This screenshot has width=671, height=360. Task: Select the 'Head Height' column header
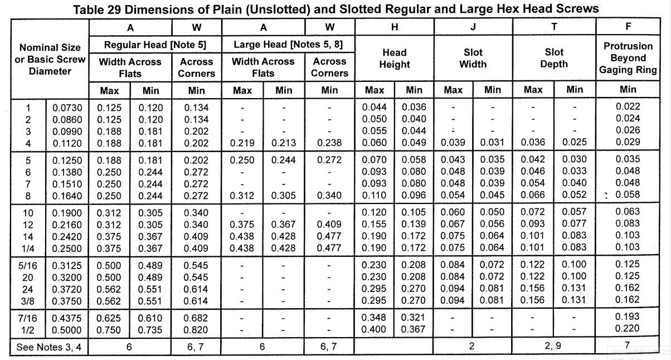[x=395, y=59]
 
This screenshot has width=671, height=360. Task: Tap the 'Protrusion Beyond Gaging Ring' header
[x=628, y=58]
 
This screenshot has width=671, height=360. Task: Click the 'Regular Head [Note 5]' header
[x=155, y=45]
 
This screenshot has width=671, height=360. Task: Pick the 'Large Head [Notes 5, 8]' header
[x=288, y=45]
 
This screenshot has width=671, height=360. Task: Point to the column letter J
[x=473, y=27]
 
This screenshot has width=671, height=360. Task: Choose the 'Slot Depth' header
[x=554, y=58]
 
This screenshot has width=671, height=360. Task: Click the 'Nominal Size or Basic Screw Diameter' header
[x=50, y=59]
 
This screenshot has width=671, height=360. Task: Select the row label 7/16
[x=27, y=318]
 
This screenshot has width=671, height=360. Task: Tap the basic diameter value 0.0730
[x=67, y=108]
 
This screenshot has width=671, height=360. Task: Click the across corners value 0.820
[x=196, y=330]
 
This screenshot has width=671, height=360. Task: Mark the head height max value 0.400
[x=373, y=329]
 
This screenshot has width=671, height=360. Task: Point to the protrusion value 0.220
[x=627, y=328]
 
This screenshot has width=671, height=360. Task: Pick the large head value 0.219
[x=242, y=143]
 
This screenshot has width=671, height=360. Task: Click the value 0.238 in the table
[x=329, y=143]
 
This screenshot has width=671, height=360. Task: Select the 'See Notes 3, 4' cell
[x=49, y=347]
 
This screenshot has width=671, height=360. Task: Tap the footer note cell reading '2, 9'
[x=553, y=346]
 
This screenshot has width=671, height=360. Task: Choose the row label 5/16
[x=27, y=266]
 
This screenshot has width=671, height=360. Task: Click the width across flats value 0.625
[x=109, y=318]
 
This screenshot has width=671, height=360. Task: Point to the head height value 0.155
[x=374, y=224]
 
